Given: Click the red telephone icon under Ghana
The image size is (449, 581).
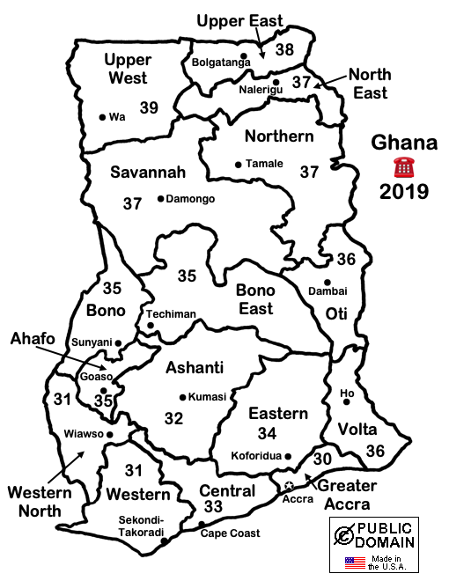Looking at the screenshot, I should coord(404,166).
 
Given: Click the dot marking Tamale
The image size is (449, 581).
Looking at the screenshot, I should coord(238,164).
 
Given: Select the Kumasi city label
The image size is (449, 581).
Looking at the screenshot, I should coord(208,397).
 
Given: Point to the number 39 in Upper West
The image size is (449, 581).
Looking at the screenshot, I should coord(149,107).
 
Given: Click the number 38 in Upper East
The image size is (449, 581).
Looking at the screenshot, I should coord(283,50).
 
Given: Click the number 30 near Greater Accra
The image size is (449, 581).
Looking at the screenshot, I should coord(322,458).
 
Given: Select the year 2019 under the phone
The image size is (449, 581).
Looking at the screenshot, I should coord(404,191).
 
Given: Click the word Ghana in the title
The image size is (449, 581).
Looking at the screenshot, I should coord(404,143).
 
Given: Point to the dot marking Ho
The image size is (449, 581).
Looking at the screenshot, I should coord(347,402).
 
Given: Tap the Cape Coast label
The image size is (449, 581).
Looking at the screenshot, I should coord(230,533).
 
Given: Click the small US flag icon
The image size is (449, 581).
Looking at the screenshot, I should coord(354,561).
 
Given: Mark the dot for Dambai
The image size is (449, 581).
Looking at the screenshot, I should coord(328,283).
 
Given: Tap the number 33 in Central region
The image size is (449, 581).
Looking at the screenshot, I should coord(212,507).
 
